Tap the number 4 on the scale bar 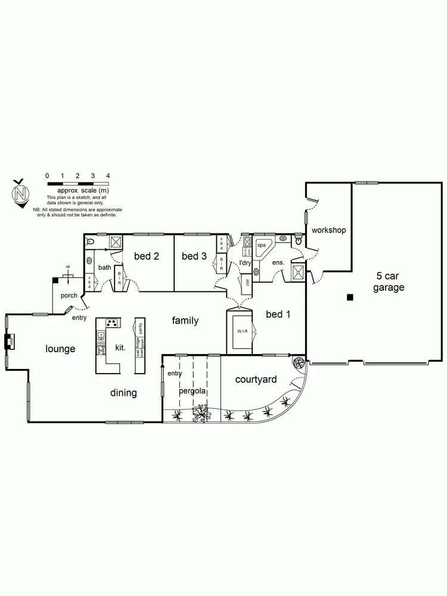[x=108, y=175]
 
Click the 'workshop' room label [x=328, y=230]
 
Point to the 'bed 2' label [x=146, y=256]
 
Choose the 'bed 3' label [x=194, y=256]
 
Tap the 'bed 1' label [x=278, y=314]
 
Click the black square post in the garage [x=350, y=296]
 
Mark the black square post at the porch [x=55, y=279]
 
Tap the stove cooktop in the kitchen [x=111, y=324]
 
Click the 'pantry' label [x=140, y=328]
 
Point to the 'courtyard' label [x=256, y=379]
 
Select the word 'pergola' [x=193, y=392]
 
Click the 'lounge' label [x=60, y=349]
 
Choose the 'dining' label [x=123, y=393]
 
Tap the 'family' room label [x=185, y=321]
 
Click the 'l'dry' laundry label [x=245, y=262]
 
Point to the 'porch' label [x=70, y=296]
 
